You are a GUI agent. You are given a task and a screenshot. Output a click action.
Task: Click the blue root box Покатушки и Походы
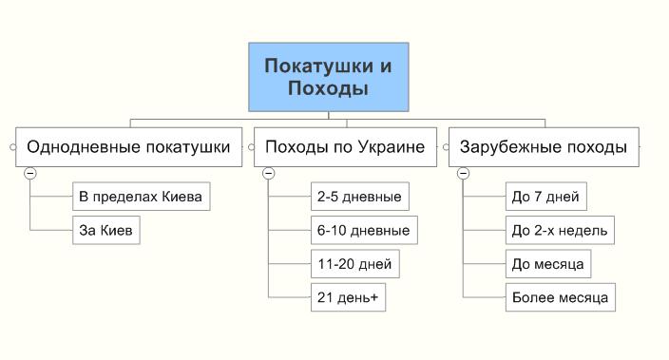[x=328, y=76]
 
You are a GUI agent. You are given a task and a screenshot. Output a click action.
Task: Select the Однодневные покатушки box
[x=128, y=147]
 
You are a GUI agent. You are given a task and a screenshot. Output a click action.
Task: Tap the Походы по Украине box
[x=345, y=147]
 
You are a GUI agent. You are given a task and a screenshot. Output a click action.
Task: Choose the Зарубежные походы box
[x=543, y=147]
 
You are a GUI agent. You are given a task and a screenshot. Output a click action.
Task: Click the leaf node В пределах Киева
[x=141, y=198]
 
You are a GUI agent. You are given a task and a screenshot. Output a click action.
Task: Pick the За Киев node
[x=105, y=230]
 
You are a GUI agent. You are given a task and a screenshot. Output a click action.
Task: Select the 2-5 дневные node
[x=359, y=198]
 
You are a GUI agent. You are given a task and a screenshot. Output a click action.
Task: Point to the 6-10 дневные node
[x=363, y=230]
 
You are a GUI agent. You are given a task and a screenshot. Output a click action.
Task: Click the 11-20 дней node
[x=354, y=263]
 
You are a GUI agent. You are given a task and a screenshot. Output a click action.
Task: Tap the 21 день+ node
[x=348, y=296]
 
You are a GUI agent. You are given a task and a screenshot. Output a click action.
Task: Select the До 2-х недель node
[x=560, y=230]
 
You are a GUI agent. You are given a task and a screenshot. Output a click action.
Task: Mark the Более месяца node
[x=560, y=296]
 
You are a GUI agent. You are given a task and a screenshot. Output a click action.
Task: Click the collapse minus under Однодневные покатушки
[x=30, y=173]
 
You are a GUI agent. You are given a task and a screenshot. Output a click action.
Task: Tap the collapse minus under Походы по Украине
[x=268, y=173]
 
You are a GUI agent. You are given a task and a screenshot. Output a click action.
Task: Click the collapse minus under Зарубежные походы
[x=463, y=173]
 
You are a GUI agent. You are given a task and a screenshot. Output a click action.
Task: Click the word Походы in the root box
[x=328, y=88]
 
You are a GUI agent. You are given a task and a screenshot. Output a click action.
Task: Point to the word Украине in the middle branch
[x=392, y=147]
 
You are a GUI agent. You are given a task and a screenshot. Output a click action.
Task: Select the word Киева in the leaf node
[x=182, y=198]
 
